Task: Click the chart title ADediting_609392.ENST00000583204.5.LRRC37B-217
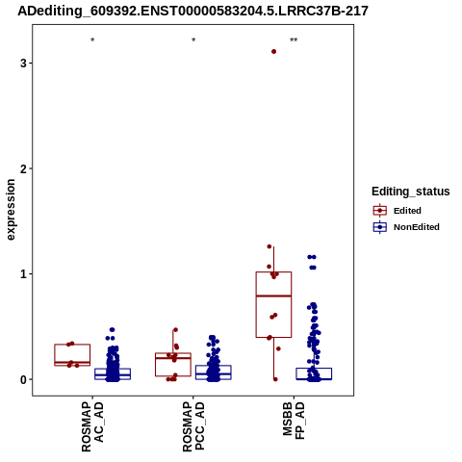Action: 192,12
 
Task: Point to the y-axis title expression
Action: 11,210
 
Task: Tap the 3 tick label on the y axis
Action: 23,64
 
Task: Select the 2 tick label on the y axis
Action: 23,168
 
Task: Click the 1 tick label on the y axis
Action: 23,274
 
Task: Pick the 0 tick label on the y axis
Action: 23,379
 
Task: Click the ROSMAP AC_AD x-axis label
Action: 92,427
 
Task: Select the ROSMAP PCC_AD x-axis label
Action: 193,427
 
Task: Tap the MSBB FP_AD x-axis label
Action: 294,422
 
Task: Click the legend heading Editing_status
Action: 411,192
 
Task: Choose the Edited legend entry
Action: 397,211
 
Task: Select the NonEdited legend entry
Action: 406,227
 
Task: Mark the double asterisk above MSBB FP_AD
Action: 294,40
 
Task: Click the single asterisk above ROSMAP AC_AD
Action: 92,40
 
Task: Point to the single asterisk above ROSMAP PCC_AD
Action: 193,40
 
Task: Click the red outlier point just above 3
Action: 273,51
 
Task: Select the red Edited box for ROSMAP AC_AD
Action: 72,345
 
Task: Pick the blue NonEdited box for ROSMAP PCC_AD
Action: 214,366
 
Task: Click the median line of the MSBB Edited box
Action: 273,295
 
